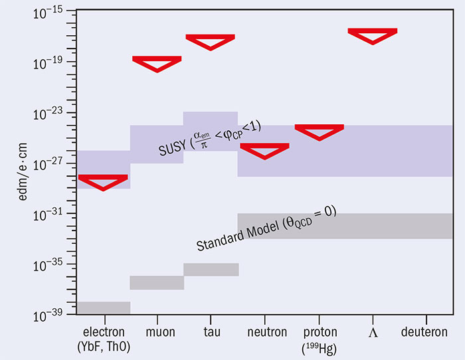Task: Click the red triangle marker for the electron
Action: point(103,181)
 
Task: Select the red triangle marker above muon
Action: point(157,63)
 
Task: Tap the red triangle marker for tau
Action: point(211,41)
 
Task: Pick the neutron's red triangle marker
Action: point(264,150)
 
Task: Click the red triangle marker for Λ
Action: point(373,35)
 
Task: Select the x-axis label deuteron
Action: point(425,332)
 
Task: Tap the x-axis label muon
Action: point(157,332)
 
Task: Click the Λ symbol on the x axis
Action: point(373,332)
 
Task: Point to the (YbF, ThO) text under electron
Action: point(103,345)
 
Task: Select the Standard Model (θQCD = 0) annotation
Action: point(266,230)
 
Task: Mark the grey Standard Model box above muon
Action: point(157,282)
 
